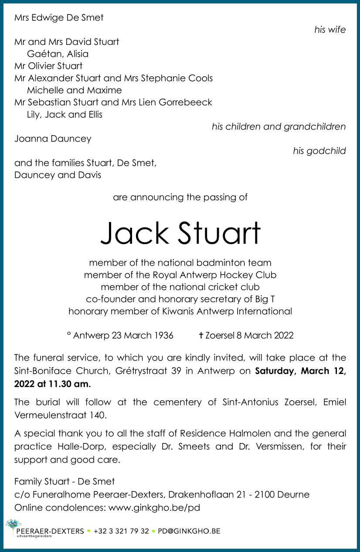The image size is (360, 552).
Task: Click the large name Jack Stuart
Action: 180,233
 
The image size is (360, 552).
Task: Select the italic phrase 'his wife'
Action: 330,30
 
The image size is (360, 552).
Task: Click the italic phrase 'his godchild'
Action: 319,151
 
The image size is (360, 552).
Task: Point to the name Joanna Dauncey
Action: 53,139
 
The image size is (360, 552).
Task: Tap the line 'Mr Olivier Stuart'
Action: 48,66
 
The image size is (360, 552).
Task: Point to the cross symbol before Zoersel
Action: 201,335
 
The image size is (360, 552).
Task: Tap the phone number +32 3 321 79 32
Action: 121,531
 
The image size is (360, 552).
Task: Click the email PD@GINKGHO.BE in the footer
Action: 189,531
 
